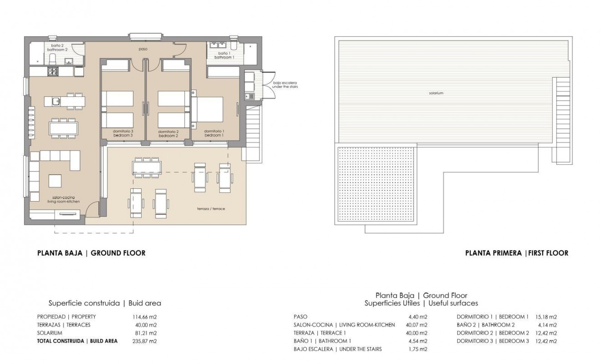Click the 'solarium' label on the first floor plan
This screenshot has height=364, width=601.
[x=435, y=93]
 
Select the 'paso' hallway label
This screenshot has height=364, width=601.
[x=143, y=49]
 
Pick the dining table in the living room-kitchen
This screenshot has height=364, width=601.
[x=63, y=127]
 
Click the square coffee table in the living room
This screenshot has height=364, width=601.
[x=56, y=181]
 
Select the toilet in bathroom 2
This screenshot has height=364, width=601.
[x=52, y=59]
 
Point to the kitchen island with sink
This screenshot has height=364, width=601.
[x=67, y=101]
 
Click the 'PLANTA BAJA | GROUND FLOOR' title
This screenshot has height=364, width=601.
[x=91, y=253]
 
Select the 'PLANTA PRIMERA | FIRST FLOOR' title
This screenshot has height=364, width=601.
[x=516, y=253]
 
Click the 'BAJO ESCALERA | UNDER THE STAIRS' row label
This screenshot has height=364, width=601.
[x=337, y=349]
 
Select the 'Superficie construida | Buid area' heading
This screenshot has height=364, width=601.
[x=105, y=303]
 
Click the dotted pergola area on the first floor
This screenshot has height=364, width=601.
[x=376, y=184]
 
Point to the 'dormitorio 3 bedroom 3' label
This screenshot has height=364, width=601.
[x=123, y=133]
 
